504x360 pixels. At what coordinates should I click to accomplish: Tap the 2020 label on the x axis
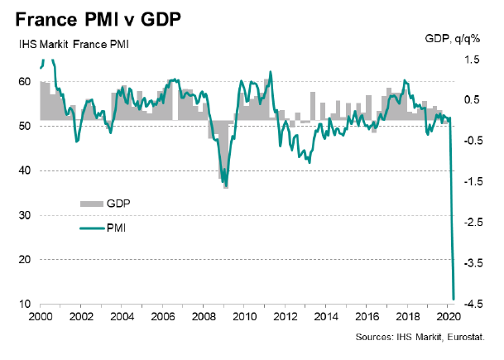click(x=448, y=317)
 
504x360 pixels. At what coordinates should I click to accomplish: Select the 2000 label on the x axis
click(x=41, y=317)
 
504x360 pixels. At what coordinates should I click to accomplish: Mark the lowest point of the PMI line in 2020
click(x=454, y=298)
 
